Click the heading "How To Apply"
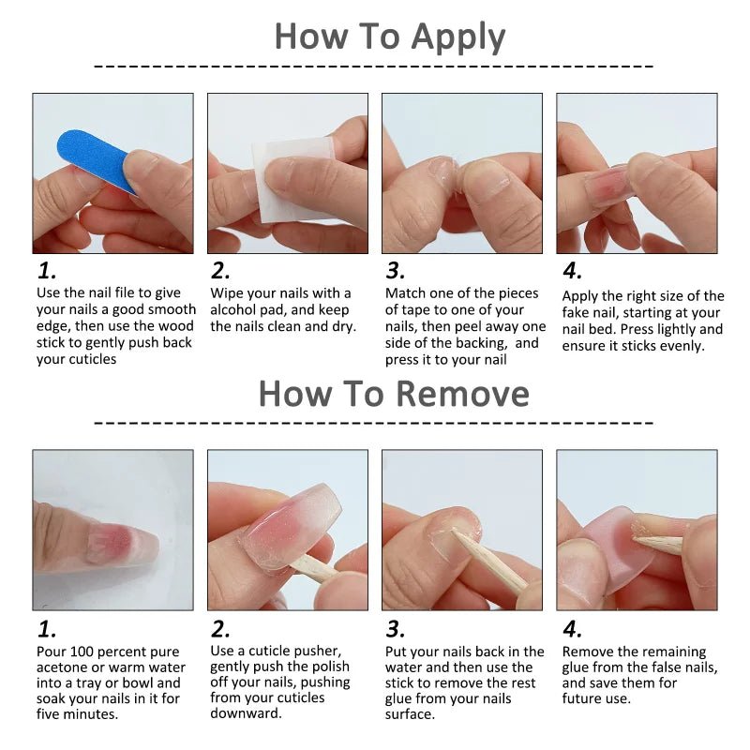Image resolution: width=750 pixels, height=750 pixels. tap(389, 37)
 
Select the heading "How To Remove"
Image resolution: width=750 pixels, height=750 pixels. tap(394, 393)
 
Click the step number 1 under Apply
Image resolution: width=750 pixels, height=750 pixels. tap(47, 271)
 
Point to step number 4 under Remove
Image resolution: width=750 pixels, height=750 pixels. tap(572, 628)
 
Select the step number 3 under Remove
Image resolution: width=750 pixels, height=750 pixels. tap(396, 628)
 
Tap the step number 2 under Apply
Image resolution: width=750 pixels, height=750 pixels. tap(220, 271)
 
